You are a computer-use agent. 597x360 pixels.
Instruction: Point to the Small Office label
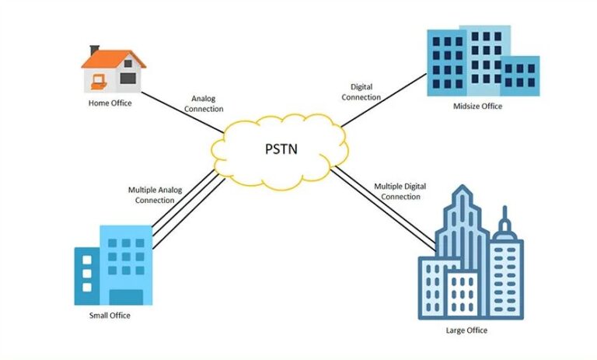[110, 315]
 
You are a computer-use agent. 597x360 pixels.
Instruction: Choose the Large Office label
[469, 330]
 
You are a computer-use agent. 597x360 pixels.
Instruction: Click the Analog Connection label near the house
[203, 103]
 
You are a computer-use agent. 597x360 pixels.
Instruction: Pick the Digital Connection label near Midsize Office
[361, 93]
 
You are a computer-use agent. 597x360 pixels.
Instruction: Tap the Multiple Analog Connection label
[155, 194]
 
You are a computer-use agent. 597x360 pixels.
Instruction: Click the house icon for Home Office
[113, 72]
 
